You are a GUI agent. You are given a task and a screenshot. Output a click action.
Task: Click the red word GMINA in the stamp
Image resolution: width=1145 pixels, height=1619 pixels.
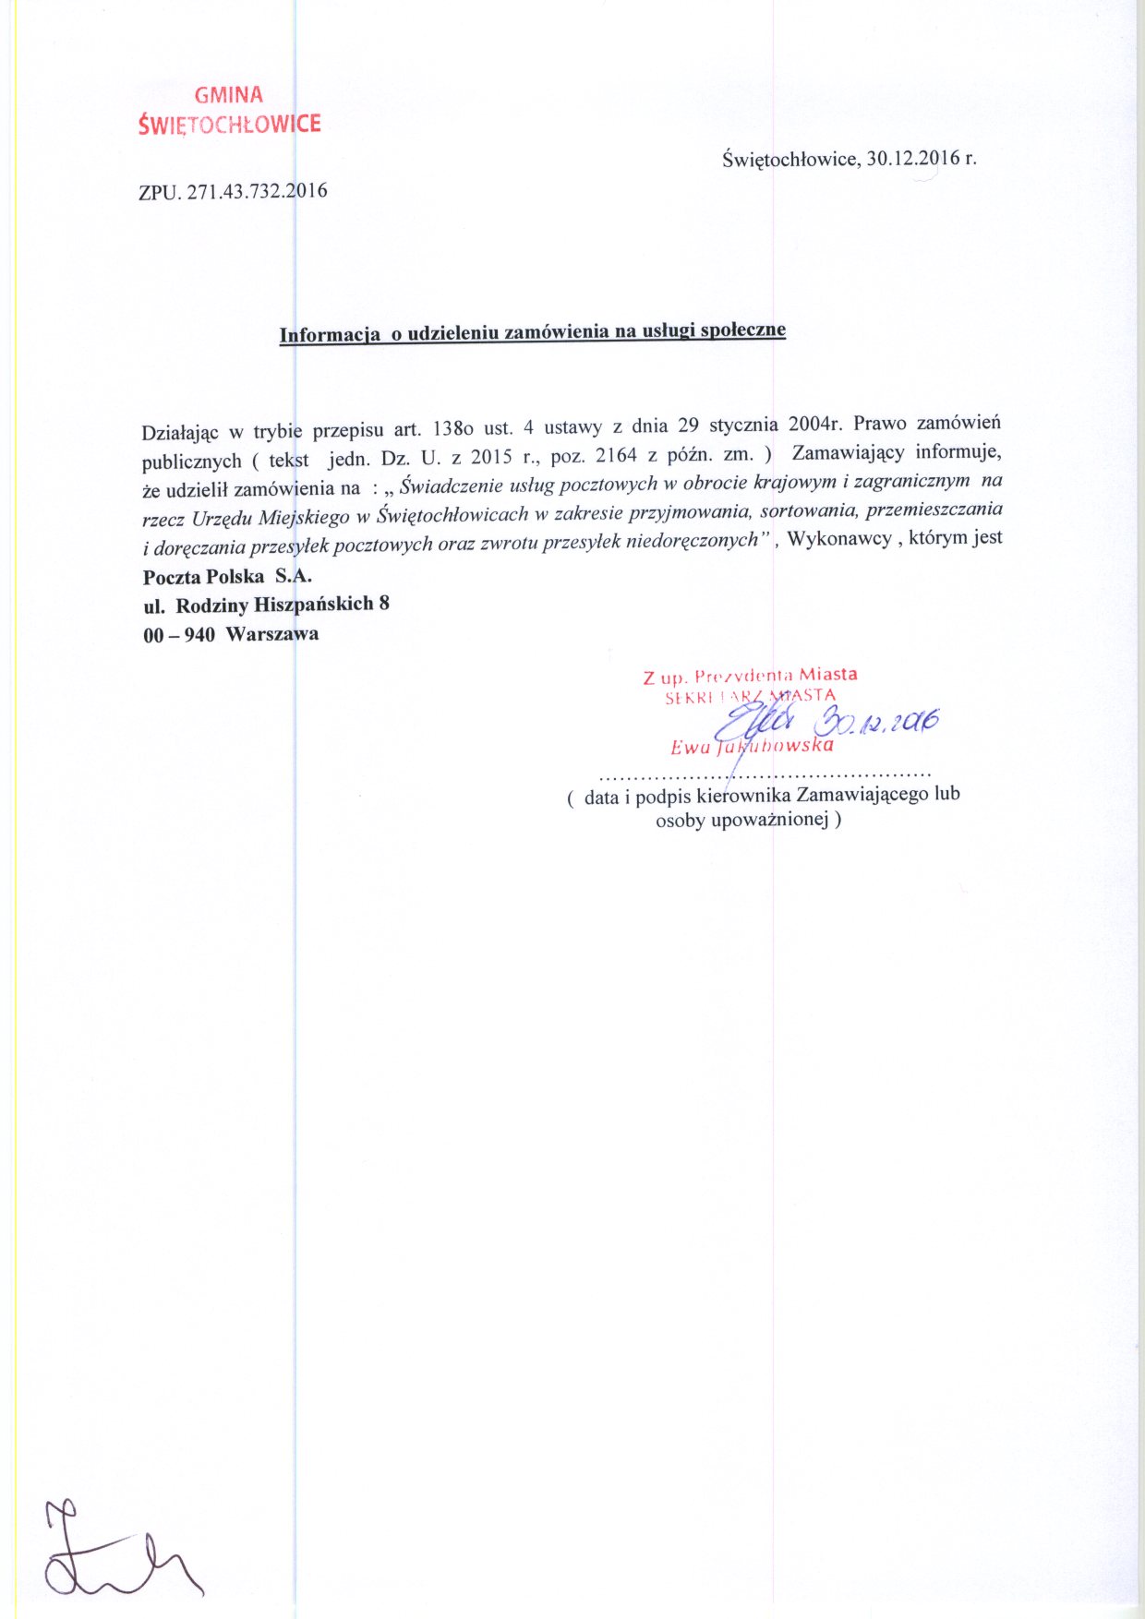click(x=229, y=94)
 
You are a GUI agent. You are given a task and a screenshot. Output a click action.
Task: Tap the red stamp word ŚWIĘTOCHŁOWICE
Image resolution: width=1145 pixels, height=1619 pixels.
click(x=229, y=124)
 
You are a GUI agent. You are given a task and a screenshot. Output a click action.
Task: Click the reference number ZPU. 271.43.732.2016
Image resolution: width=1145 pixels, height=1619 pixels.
click(x=233, y=192)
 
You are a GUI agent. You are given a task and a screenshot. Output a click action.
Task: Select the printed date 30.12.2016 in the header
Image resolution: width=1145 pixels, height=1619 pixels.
click(x=910, y=158)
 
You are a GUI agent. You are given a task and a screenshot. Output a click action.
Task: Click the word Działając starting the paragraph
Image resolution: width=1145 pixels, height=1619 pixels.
click(x=179, y=431)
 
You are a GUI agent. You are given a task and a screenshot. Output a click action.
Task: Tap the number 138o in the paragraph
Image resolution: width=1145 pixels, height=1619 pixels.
click(x=452, y=427)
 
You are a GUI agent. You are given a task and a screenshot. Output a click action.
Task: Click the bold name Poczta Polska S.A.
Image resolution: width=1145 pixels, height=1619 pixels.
click(x=227, y=577)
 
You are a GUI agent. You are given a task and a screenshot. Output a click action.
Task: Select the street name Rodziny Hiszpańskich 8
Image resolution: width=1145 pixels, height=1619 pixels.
click(x=283, y=605)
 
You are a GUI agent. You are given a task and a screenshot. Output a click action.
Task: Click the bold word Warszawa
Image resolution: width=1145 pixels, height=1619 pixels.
click(x=271, y=634)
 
